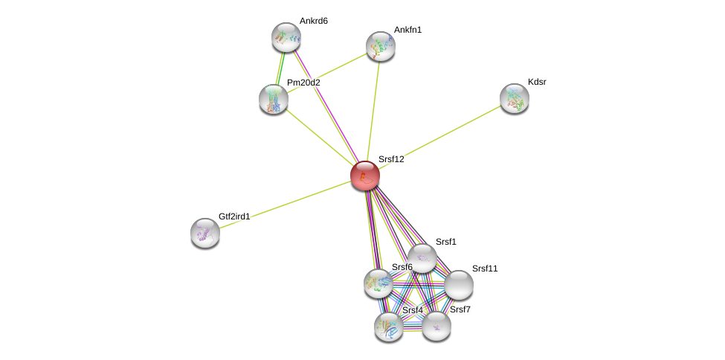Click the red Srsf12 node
click(x=365, y=176)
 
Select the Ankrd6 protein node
click(x=286, y=37)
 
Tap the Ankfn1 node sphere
click(x=381, y=46)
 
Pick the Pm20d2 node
click(x=274, y=100)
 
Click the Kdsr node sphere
click(x=515, y=99)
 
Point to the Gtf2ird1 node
click(x=205, y=234)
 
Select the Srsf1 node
click(x=422, y=259)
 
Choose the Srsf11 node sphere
click(x=459, y=285)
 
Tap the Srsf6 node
click(x=378, y=283)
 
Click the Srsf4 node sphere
click(x=389, y=327)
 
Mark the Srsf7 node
click(x=436, y=327)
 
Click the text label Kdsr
click(x=537, y=82)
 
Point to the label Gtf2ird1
click(x=234, y=216)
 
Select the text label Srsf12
click(x=391, y=159)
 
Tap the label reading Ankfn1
click(x=407, y=30)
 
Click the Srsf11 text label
click(x=485, y=269)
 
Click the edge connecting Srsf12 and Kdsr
click(x=440, y=137)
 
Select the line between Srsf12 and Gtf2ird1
click(x=286, y=205)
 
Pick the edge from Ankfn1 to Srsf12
click(x=373, y=111)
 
